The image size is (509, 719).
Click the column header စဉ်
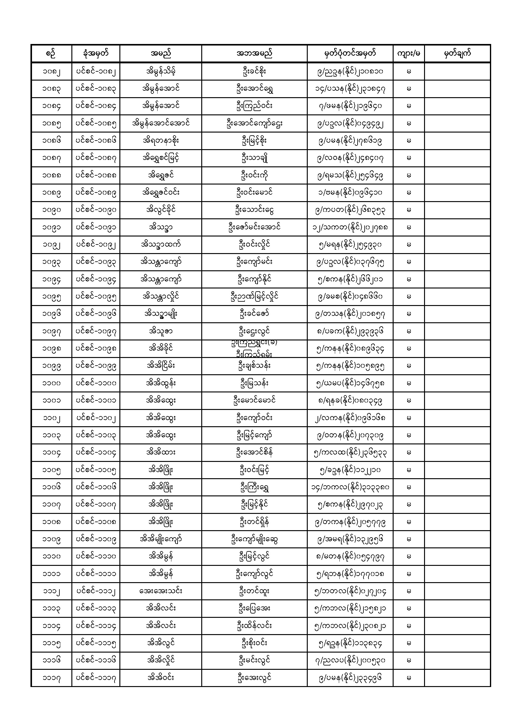tap(51, 54)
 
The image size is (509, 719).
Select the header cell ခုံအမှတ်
tap(96, 54)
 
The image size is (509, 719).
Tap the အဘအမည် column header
tap(254, 54)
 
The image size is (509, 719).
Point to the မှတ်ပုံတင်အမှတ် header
tap(350, 54)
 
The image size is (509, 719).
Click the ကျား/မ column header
tap(408, 54)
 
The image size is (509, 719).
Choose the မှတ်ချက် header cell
tap(457, 54)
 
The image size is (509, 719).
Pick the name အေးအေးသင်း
tap(160, 591)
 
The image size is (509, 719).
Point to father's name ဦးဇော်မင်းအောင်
tap(254, 227)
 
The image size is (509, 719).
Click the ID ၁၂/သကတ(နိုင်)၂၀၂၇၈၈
tap(350, 227)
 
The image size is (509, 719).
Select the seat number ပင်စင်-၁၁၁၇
tap(96, 678)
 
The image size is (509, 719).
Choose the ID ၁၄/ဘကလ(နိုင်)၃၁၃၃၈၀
tap(350, 487)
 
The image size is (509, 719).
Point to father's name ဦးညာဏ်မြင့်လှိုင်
tap(254, 296)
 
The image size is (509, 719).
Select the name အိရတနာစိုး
tap(160, 141)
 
